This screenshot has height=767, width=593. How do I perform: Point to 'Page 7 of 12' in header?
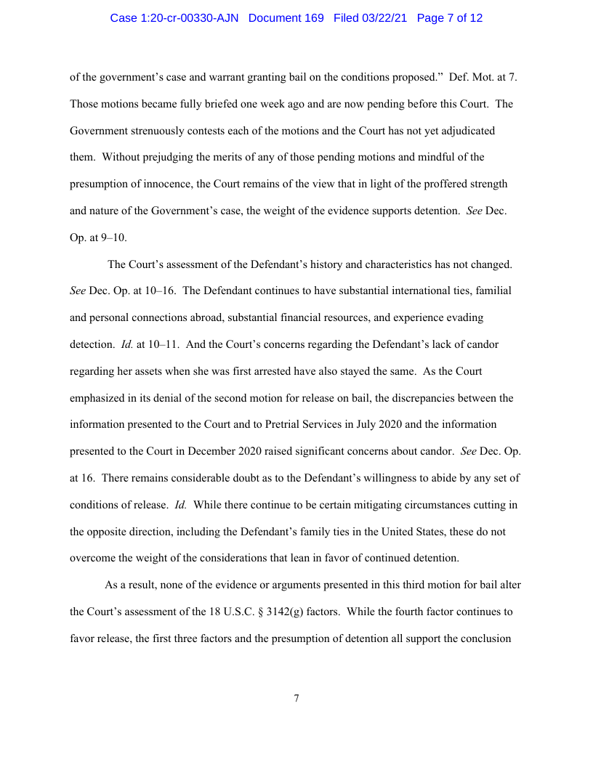450,18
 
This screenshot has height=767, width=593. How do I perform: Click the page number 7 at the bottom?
296,699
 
